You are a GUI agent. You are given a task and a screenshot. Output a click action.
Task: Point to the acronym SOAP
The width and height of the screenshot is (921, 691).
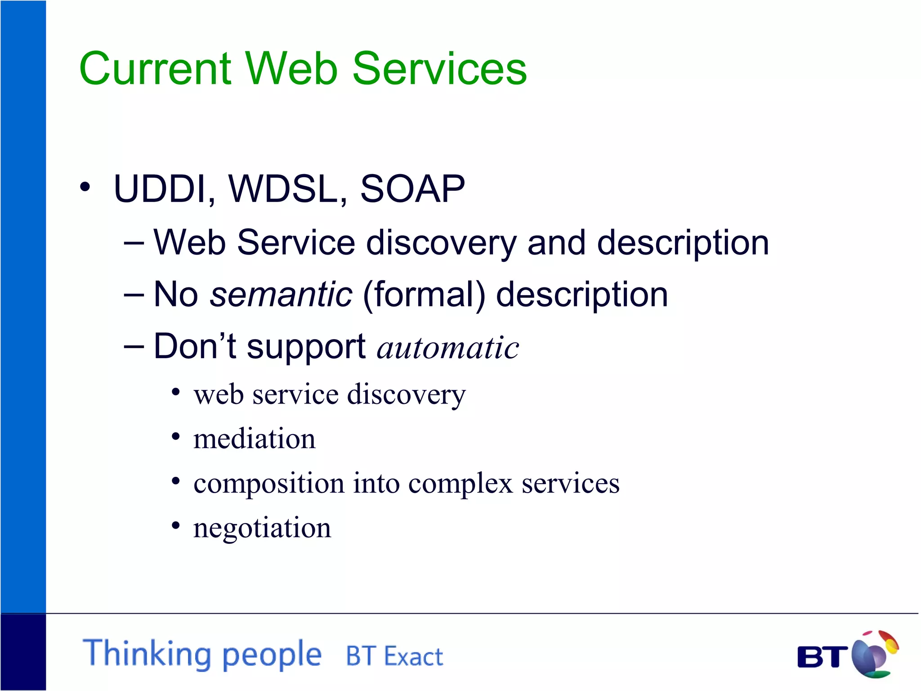click(412, 189)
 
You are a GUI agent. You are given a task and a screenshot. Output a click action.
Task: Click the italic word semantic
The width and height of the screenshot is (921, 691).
click(281, 295)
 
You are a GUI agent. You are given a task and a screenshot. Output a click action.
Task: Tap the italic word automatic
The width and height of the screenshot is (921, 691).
click(448, 348)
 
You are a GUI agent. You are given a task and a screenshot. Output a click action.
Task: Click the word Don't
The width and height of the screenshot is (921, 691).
click(194, 346)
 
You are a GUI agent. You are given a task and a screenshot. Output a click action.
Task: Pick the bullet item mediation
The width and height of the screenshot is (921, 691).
click(255, 439)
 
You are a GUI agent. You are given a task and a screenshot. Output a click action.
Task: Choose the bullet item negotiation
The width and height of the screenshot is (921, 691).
click(262, 528)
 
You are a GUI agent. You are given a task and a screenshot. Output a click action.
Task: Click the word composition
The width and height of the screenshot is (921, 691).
click(269, 484)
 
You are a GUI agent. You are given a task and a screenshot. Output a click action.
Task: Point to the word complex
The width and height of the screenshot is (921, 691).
click(460, 484)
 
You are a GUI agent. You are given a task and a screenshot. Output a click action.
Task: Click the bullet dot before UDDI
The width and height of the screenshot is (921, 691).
click(85, 187)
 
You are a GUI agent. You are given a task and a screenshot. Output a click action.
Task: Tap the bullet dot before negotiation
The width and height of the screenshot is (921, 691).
click(176, 525)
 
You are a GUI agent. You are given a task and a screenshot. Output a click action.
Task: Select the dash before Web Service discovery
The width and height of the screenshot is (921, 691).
click(134, 243)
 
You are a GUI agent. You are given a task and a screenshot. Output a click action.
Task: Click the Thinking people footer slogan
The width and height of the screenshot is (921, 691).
click(202, 654)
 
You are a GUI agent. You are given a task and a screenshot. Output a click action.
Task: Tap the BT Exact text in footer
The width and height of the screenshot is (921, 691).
click(394, 656)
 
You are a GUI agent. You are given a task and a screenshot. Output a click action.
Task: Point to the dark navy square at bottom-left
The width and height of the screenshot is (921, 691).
click(23, 652)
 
